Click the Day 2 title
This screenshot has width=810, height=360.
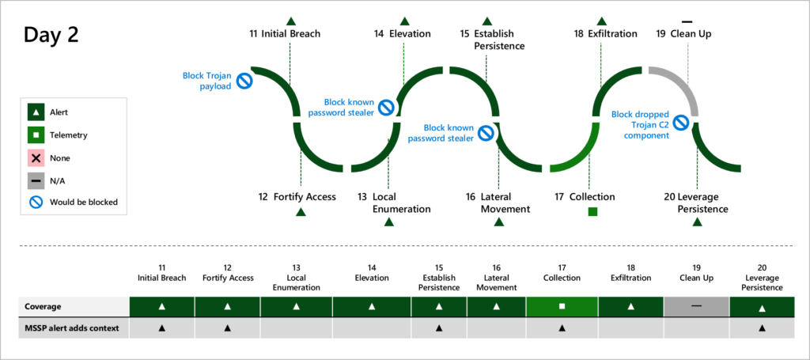51,36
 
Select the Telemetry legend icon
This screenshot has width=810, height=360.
36,135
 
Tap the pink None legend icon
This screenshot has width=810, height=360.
36,158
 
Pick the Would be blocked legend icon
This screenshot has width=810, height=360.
36,202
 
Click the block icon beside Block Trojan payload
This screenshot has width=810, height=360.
244,81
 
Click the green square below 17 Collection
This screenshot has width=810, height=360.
592,211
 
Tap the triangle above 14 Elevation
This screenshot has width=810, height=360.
404,21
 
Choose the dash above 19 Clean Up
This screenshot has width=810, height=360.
687,21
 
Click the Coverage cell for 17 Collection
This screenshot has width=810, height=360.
562,305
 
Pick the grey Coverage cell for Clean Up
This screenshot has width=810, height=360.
696,305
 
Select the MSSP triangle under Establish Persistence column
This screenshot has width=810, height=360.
438,327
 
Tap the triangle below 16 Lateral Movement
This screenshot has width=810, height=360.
498,222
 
